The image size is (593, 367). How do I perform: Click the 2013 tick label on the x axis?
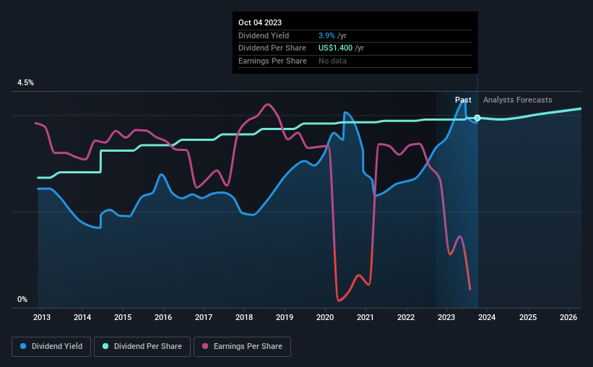click(x=41, y=317)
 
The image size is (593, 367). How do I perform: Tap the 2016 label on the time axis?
click(x=163, y=317)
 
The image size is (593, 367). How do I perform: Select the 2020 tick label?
click(x=325, y=317)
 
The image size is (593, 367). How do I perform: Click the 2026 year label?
click(x=568, y=317)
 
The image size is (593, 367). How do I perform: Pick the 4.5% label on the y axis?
click(x=25, y=83)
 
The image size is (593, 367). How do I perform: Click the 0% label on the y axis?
click(x=22, y=299)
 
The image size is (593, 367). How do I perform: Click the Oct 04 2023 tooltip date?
click(x=259, y=22)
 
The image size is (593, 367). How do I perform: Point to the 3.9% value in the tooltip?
click(x=326, y=35)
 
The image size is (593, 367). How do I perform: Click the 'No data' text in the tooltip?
click(x=332, y=61)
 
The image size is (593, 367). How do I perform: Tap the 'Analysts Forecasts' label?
click(x=517, y=100)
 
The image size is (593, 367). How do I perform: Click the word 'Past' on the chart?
click(x=463, y=100)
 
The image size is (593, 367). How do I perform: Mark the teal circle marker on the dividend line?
click(x=477, y=118)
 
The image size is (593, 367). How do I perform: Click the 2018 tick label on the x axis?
click(x=244, y=317)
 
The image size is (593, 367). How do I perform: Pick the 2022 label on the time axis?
click(x=406, y=317)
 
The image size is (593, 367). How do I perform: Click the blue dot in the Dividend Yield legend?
click(x=24, y=347)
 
